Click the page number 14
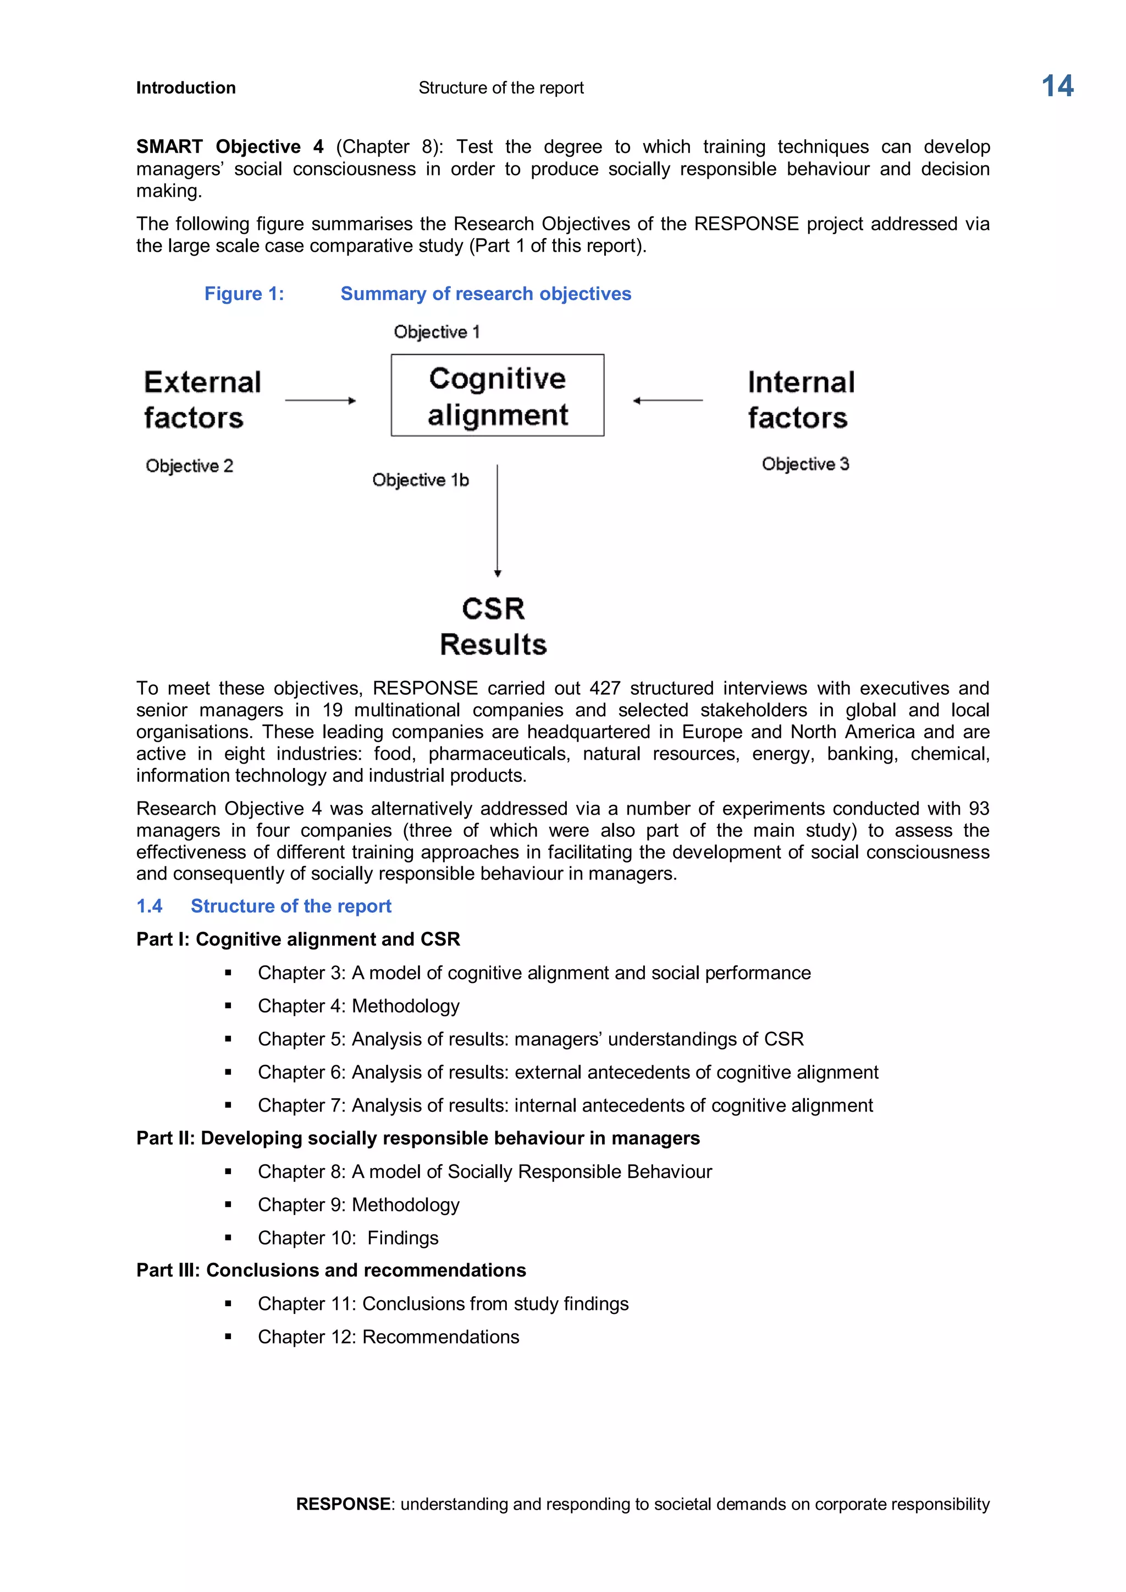(x=1057, y=87)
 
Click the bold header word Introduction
(x=186, y=88)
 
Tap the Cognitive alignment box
(x=497, y=396)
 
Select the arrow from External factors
(x=321, y=400)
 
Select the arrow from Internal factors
(x=667, y=400)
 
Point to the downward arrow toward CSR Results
(x=497, y=520)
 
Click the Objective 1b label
(x=420, y=480)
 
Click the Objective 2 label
(x=189, y=466)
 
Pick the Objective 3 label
(x=805, y=464)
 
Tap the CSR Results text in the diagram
(x=493, y=627)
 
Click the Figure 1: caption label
(x=244, y=294)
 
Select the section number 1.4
(x=149, y=906)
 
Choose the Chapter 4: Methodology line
(x=358, y=1006)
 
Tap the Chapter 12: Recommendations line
(x=388, y=1337)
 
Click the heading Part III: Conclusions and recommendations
(x=331, y=1270)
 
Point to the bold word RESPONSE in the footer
(x=343, y=1504)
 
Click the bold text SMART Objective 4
(x=229, y=147)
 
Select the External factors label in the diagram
(x=202, y=400)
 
